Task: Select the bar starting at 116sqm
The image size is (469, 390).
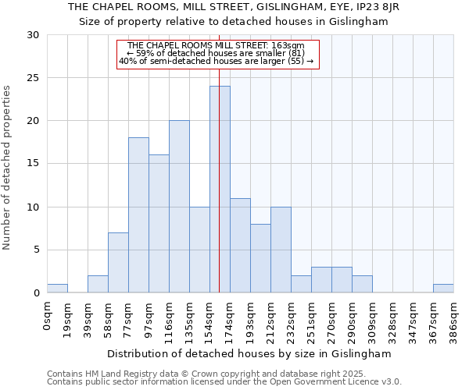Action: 179,207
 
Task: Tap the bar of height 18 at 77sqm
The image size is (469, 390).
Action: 138,215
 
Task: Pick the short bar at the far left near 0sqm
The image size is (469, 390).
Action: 57,289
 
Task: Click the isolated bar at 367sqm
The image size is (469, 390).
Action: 443,289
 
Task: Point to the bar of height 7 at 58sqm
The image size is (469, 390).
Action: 118,263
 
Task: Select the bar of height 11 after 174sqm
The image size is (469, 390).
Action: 240,246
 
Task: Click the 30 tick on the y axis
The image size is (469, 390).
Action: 33,35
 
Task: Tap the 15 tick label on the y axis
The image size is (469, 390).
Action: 33,164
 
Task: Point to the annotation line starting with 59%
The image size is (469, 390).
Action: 219,53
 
